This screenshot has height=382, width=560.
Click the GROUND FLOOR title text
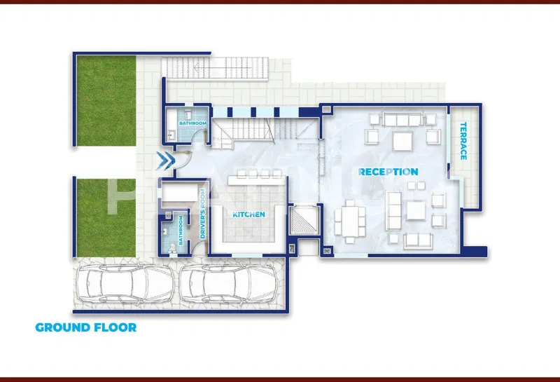click(85, 327)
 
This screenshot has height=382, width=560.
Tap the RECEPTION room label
click(388, 172)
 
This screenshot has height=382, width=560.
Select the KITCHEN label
click(249, 214)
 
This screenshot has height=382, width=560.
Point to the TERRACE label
click(463, 141)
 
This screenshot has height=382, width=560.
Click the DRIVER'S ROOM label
click(202, 214)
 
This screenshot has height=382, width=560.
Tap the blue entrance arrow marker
click(165, 161)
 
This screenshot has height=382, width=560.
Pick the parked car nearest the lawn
click(125, 284)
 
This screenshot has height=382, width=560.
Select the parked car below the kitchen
click(229, 284)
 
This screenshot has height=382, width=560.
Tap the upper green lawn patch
click(106, 100)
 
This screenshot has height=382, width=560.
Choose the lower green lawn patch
click(106, 218)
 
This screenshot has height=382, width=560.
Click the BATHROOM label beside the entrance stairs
click(193, 123)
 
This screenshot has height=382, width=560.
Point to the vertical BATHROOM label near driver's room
click(181, 231)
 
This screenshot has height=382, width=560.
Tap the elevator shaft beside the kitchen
click(304, 219)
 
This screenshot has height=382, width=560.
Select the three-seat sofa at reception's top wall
click(402, 119)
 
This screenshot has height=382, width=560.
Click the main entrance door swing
click(183, 161)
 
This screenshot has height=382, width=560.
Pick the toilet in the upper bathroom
click(189, 114)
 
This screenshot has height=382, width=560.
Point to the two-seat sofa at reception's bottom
click(418, 241)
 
